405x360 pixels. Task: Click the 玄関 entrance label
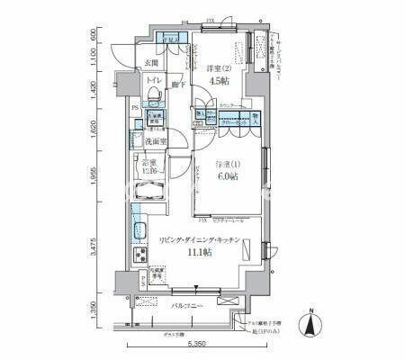[151, 62]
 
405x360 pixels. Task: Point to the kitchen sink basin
[139, 229]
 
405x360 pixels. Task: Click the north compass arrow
[310, 322]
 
